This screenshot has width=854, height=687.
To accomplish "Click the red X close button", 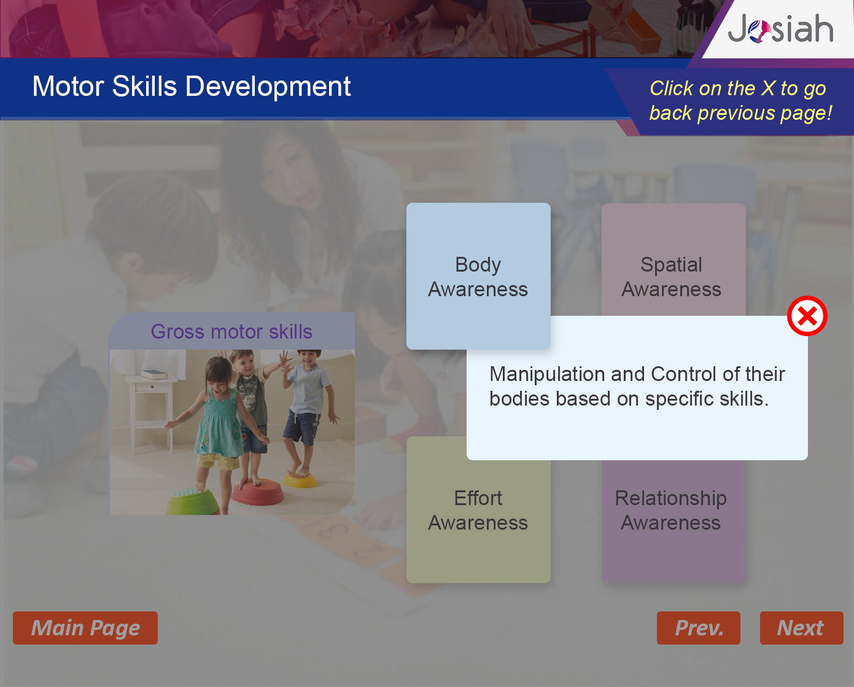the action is coord(807,316).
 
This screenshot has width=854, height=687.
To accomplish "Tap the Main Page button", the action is coord(85,628).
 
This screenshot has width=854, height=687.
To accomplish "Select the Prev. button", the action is coord(699,628).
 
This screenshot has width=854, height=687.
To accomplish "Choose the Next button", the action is coord(802,628).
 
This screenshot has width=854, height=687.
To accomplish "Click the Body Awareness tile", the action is coord(478,276).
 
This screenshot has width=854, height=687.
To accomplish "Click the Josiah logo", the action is coord(780,29).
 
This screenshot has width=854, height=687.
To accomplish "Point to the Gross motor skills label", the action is coord(231,331).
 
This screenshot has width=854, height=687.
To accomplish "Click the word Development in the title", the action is coord(268,86).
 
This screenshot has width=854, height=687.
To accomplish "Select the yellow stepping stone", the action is coord(300,479).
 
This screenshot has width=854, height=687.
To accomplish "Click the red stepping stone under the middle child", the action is coord(257,492).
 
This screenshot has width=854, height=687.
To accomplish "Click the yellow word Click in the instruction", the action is coord(672,88).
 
